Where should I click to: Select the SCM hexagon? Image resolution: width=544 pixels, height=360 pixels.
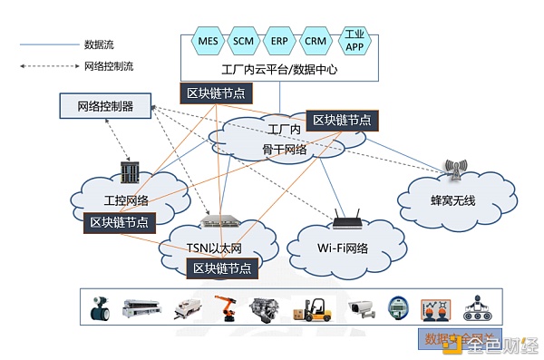coord(243,42)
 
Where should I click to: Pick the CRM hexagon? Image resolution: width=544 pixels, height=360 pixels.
coord(316,42)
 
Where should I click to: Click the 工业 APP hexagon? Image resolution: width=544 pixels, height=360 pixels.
coord(353,42)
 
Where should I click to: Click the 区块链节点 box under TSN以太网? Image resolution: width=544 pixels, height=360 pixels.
coord(221,268)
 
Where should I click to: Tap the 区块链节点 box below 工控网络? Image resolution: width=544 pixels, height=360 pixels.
coord(119,221)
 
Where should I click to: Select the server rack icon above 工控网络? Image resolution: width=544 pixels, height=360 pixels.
coord(126,172)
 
